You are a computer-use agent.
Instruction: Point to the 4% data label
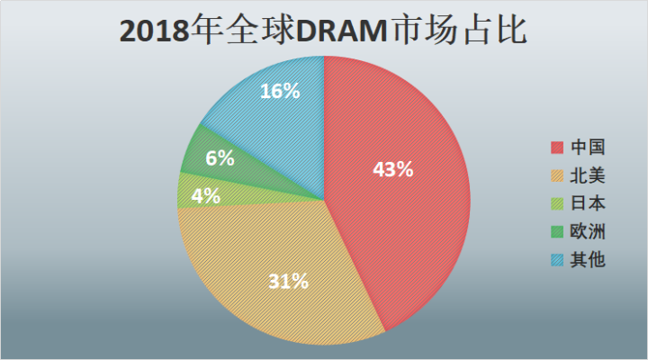[x=206, y=195]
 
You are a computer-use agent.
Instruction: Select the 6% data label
[x=220, y=158]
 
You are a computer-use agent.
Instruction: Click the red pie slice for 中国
[x=414, y=216]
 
